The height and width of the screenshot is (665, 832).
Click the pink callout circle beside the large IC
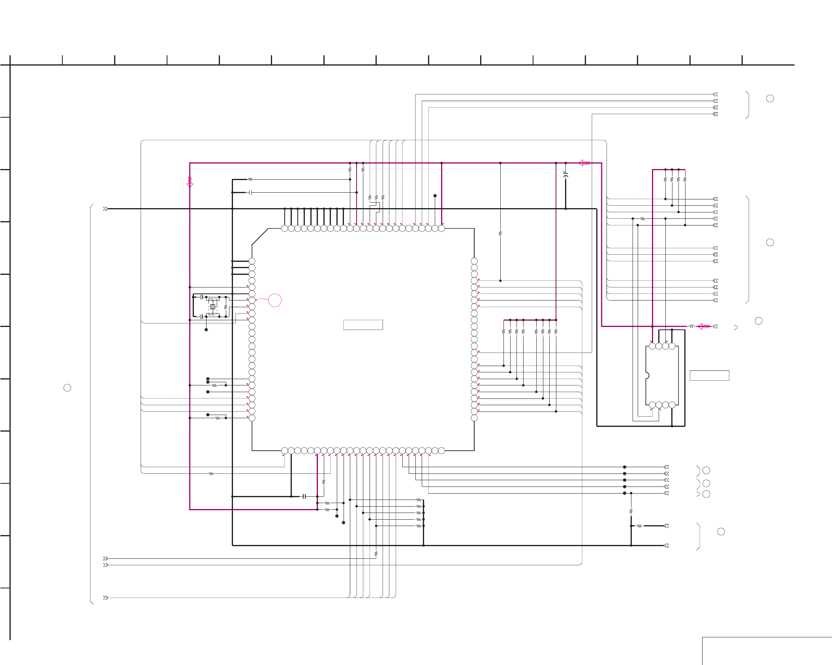275,301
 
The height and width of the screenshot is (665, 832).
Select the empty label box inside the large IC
363,325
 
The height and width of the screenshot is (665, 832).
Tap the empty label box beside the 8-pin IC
709,376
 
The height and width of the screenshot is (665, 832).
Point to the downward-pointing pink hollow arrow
190,182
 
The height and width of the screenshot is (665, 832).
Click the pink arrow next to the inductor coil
703,327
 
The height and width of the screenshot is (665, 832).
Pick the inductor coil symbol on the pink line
691,327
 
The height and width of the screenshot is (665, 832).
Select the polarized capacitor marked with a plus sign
565,174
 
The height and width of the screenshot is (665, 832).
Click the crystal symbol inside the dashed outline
213,307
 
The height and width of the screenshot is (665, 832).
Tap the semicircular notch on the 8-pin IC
647,376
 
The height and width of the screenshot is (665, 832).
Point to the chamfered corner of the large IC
260,237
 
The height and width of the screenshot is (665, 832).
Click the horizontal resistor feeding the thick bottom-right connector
639,526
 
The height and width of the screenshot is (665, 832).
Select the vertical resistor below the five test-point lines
631,511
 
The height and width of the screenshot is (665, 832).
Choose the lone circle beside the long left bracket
68,388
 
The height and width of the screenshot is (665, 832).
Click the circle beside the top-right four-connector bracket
770,99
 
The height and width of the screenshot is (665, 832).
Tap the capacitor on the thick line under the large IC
304,496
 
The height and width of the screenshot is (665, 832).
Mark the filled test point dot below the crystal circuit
206,330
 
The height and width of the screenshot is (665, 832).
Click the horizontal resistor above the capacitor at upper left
250,179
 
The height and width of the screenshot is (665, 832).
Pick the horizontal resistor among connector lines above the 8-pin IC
642,219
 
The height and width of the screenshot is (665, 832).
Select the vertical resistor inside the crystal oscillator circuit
226,307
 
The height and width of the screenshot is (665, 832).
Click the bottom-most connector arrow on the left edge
105,598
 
